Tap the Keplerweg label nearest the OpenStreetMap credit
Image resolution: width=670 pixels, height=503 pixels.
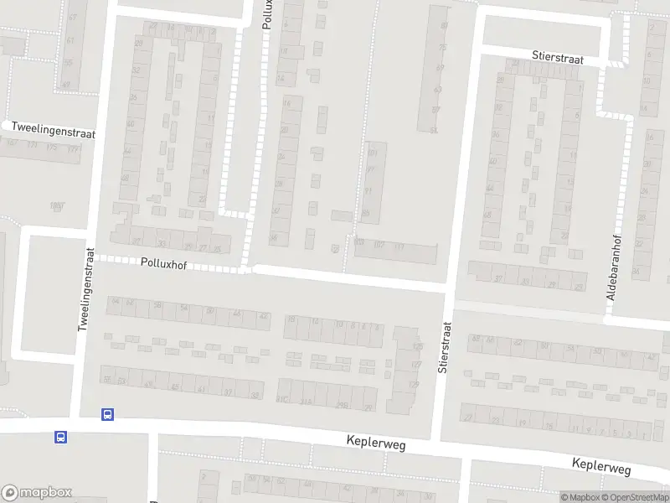tap(601, 464)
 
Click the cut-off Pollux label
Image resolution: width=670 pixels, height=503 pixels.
tap(268, 15)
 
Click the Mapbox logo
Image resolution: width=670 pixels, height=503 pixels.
tap(37, 493)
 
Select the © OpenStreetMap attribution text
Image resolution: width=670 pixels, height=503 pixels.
tap(635, 497)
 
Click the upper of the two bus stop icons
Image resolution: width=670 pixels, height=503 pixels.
tap(107, 414)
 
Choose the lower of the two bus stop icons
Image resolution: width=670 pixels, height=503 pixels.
tap(60, 437)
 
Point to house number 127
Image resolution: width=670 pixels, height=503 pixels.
tap(415, 365)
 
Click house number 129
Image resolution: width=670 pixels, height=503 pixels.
tap(412, 384)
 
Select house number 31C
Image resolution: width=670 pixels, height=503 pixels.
tap(283, 400)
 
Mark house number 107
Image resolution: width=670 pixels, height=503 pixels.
tap(379, 245)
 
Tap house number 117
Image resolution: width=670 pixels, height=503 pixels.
tap(399, 246)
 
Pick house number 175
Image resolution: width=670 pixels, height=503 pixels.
tap(52, 148)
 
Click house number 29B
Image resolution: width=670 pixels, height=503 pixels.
tap(342, 405)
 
